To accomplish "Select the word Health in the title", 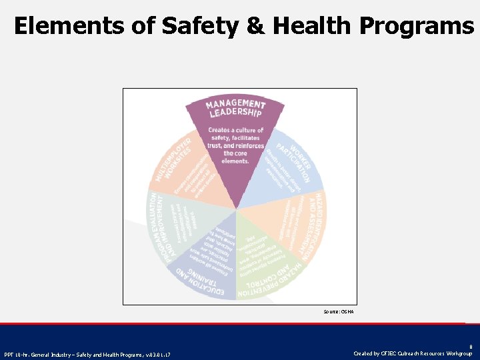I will point(311,25).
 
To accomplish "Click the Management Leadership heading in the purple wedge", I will point(235,109).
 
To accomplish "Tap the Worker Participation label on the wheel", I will point(297,153).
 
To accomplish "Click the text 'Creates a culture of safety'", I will point(236,134).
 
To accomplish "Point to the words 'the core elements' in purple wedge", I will point(236,157).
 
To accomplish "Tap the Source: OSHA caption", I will point(339,311).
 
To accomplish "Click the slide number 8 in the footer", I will point(470,347).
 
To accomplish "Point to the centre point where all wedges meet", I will point(236,209).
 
